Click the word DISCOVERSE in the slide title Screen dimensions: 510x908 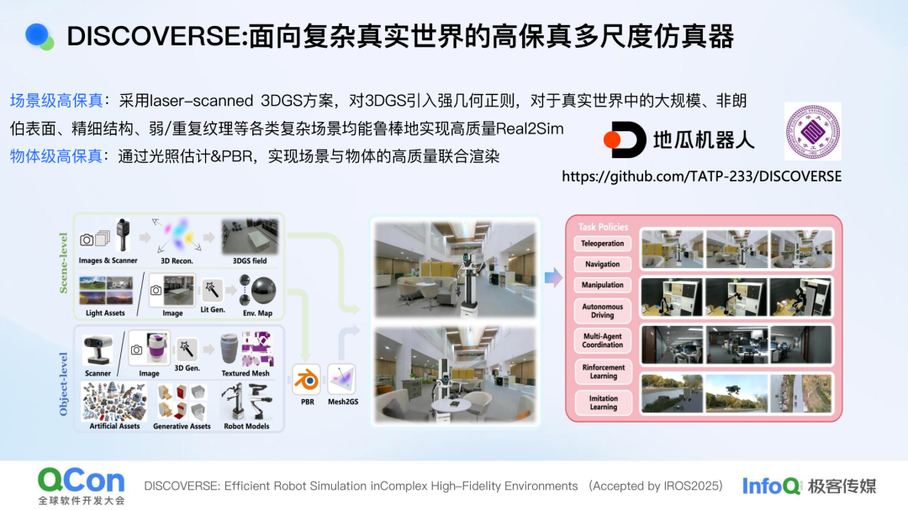click(x=156, y=36)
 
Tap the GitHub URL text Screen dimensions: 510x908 click(x=701, y=176)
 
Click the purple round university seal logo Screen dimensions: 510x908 click(x=812, y=131)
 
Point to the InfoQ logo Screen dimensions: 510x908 click(x=771, y=486)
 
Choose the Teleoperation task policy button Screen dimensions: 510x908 click(x=603, y=244)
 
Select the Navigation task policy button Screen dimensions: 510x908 click(x=603, y=265)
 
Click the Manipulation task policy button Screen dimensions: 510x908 click(x=603, y=286)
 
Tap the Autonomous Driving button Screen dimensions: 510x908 click(x=603, y=312)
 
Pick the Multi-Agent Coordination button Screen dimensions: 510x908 click(x=603, y=340)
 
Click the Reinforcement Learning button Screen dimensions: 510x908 click(x=603, y=371)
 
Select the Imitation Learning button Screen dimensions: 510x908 click(x=603, y=402)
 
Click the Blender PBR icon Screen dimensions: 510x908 click(x=306, y=380)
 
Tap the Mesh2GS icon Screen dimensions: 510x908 click(x=343, y=380)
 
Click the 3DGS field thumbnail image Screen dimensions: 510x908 click(x=248, y=237)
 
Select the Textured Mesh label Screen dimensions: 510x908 click(x=245, y=373)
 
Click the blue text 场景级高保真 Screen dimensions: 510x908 click(x=56, y=101)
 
